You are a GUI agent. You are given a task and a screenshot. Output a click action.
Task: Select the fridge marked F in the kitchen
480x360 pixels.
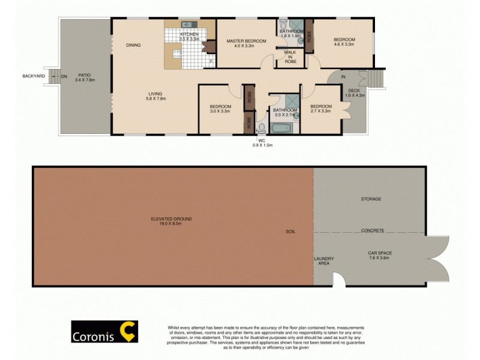tap(211, 61)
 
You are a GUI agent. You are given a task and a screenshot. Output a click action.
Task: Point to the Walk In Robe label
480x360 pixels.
tap(290, 58)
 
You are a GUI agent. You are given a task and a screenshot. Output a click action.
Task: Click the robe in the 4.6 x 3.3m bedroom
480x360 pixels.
tap(309, 35)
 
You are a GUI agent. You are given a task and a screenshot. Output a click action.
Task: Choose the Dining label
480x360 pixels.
tap(133, 45)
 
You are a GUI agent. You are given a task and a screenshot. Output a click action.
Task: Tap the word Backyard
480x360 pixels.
tap(34, 76)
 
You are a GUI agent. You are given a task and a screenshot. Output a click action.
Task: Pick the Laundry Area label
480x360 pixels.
tap(324, 261)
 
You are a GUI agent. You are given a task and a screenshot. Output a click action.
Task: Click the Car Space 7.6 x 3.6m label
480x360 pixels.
tap(379, 255)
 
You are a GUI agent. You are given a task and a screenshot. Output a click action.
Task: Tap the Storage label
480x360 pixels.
tap(371, 199)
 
